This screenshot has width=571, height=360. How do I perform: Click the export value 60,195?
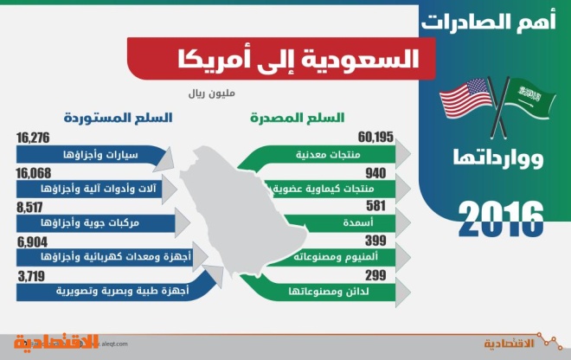click(x=375, y=137)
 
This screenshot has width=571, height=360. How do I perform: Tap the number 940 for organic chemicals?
click(x=375, y=173)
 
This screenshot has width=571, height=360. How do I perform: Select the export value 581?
click(x=375, y=206)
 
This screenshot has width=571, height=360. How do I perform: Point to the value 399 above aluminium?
click(x=375, y=241)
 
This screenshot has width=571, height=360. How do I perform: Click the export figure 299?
click(x=375, y=275)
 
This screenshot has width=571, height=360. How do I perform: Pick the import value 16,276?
click(x=33, y=138)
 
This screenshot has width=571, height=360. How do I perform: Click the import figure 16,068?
click(x=34, y=173)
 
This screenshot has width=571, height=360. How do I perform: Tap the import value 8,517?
click(x=29, y=208)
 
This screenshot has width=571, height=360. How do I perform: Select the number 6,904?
click(x=32, y=242)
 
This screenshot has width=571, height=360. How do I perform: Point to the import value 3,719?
click(x=31, y=276)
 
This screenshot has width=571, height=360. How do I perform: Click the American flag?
click(x=466, y=99)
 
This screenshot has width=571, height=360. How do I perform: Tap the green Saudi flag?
click(x=530, y=98)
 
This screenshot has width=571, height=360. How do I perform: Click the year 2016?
click(x=501, y=219)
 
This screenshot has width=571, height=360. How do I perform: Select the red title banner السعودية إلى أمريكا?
click(x=281, y=58)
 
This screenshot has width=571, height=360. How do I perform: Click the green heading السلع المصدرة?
click(x=297, y=118)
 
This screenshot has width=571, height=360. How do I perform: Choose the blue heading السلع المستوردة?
click(x=118, y=118)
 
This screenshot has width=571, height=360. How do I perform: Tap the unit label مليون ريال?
click(x=212, y=93)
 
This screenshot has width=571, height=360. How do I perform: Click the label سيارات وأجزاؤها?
click(x=100, y=155)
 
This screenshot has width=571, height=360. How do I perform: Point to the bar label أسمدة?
click(x=358, y=222)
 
